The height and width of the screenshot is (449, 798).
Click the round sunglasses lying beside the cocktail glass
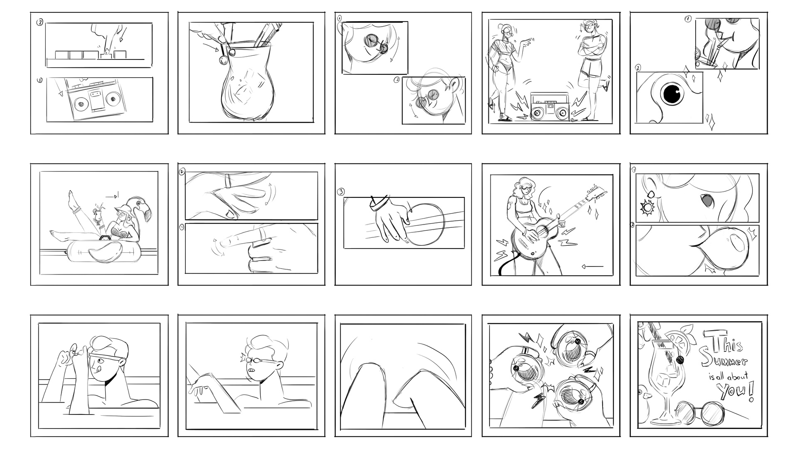tap(700, 413)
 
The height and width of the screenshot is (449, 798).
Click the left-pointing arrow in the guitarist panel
tap(593, 266)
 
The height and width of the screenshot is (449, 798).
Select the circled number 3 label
tap(341, 192)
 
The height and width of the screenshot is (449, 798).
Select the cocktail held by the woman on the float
tap(98, 215)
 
